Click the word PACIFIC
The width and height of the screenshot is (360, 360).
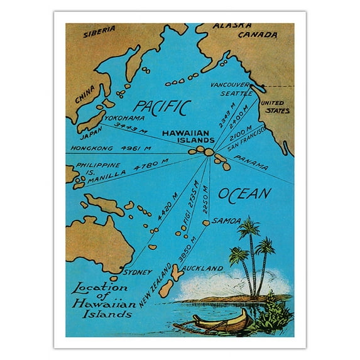(x=161, y=106)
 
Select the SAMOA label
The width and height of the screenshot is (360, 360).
(x=226, y=221)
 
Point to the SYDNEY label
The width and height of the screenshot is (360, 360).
(x=138, y=272)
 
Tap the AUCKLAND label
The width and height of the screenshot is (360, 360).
(x=205, y=268)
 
